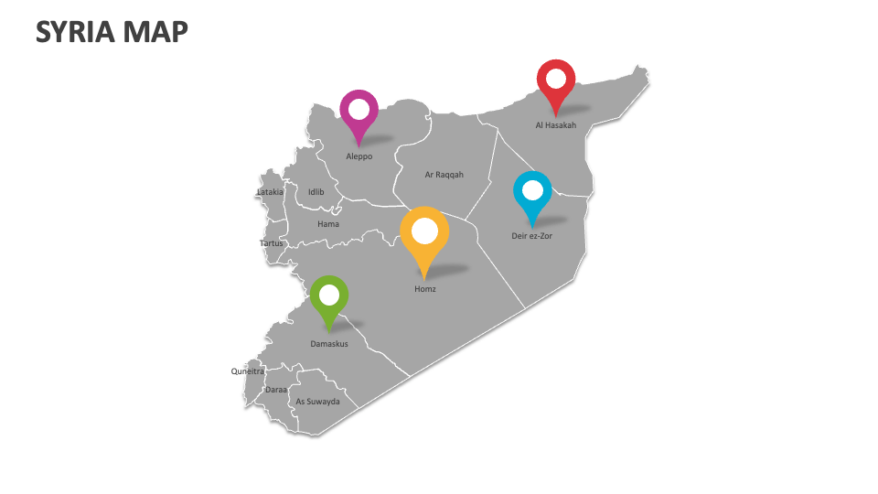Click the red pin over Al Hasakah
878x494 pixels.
555,81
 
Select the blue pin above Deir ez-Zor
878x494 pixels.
532,193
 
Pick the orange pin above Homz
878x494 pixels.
424,233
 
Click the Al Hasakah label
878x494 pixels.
556,125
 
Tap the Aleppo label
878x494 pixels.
359,156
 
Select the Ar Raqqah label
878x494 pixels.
444,174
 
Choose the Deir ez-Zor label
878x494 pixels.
531,236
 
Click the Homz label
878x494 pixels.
425,289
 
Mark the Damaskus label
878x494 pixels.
329,344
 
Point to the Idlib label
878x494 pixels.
316,192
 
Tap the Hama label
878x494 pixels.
328,224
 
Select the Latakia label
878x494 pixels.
270,192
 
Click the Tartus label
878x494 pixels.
272,243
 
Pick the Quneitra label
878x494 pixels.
247,371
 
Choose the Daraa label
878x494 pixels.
276,389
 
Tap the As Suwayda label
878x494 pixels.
317,402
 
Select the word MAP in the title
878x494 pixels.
158,32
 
